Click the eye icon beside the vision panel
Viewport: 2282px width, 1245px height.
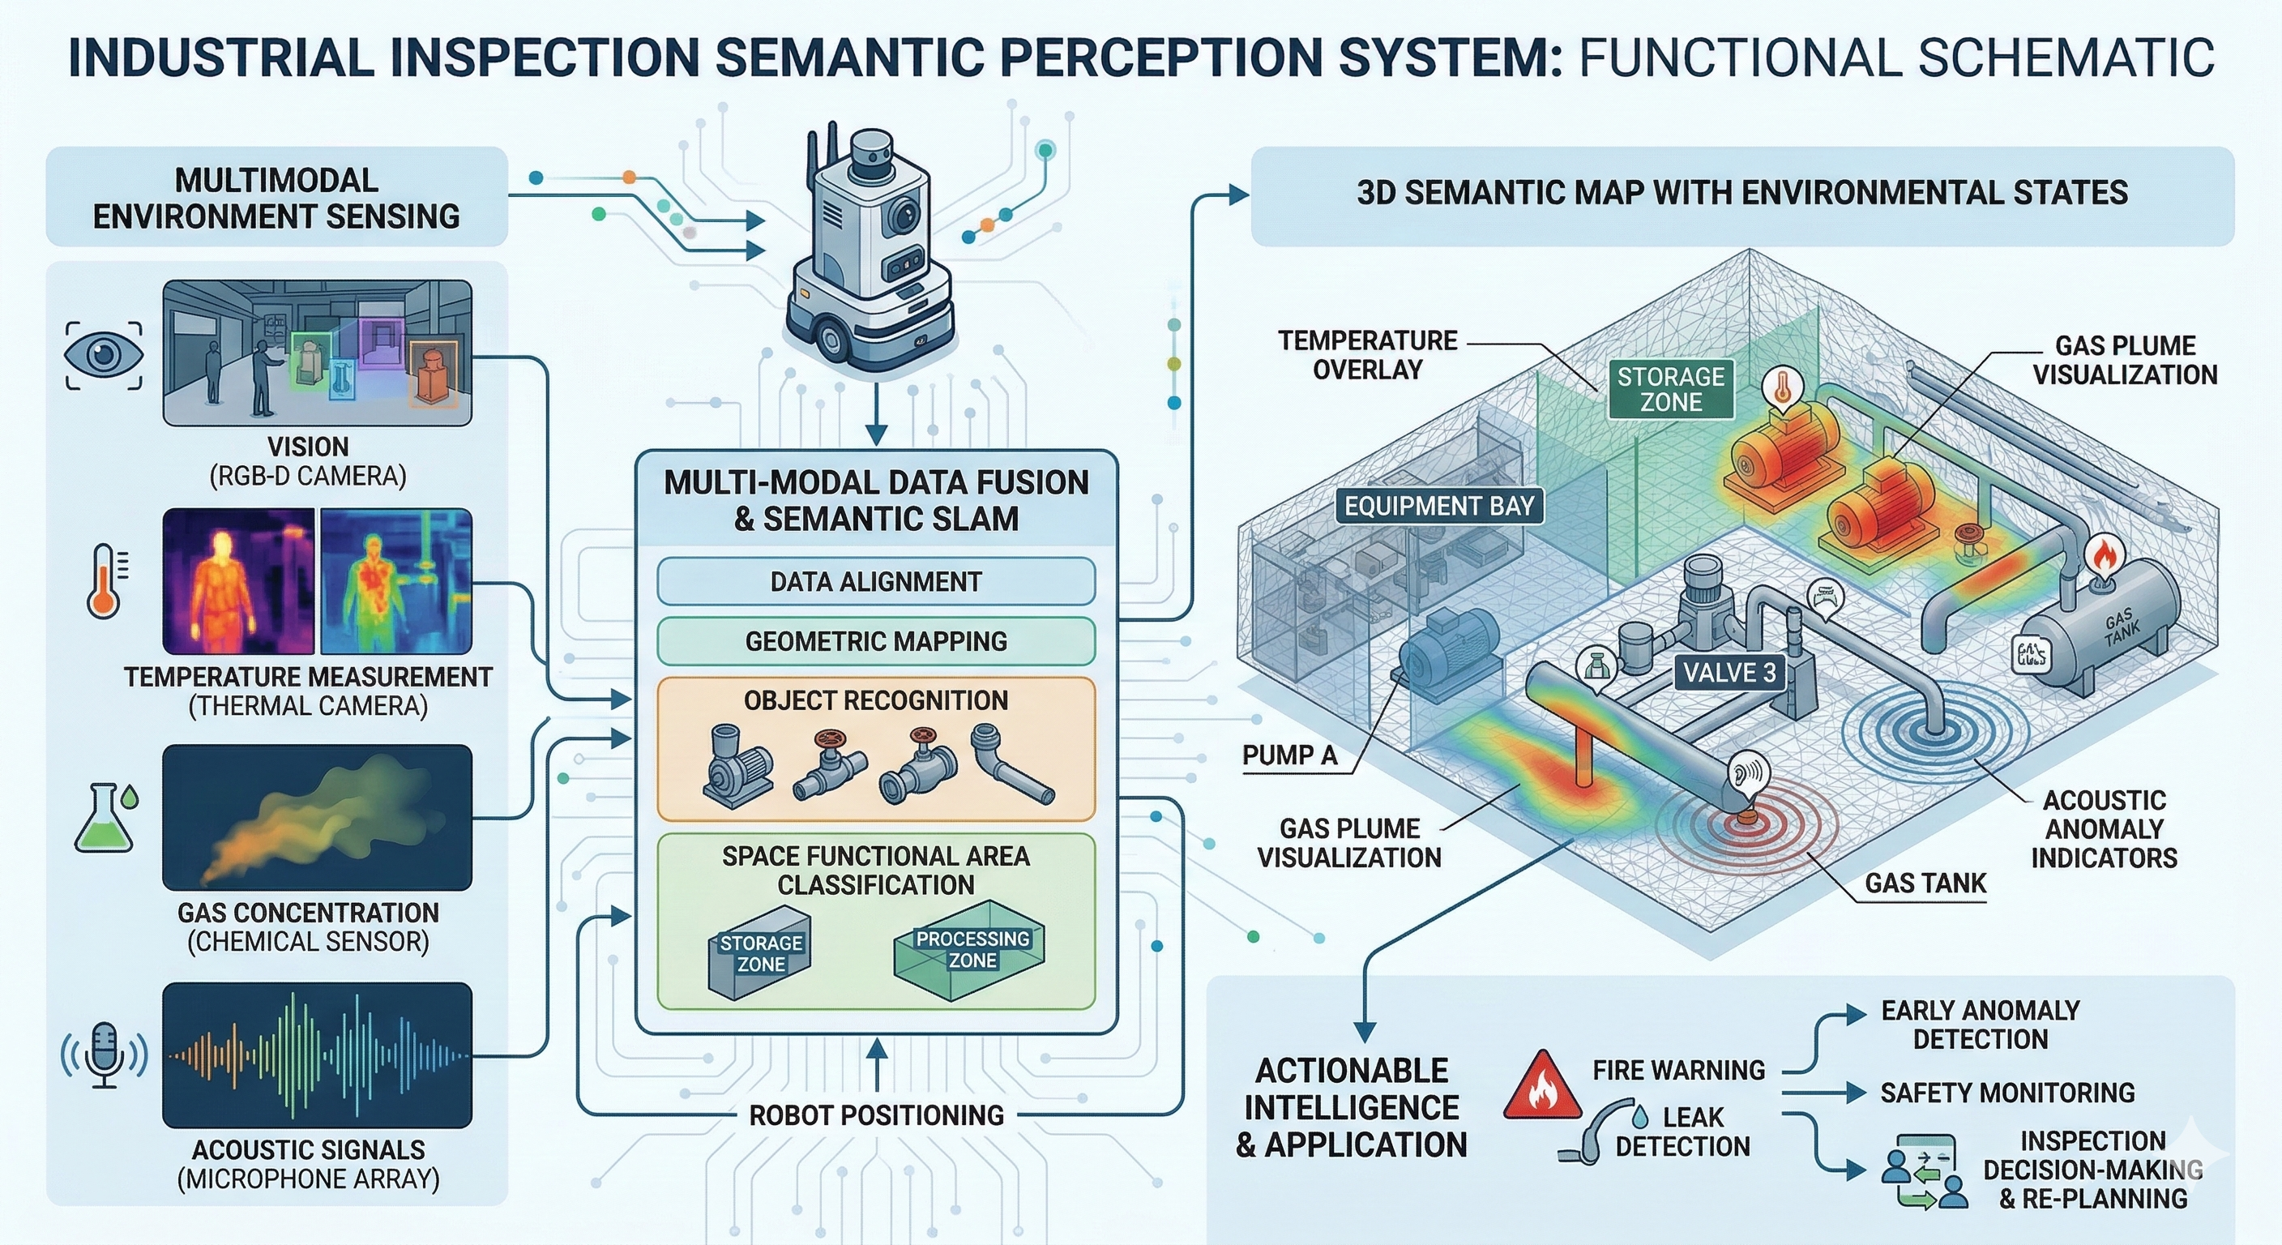(x=104, y=355)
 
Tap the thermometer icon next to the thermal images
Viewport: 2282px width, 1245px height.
(x=104, y=581)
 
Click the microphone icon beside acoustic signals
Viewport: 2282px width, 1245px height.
(x=105, y=1055)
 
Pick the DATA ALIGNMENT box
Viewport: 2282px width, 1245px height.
(x=875, y=581)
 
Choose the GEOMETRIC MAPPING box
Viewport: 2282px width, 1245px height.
(x=875, y=640)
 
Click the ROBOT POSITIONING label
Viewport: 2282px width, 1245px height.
(x=876, y=1115)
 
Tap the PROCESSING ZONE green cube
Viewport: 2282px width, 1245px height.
(x=971, y=952)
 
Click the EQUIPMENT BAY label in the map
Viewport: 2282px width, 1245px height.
(x=1438, y=506)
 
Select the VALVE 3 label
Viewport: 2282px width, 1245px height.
(x=1729, y=673)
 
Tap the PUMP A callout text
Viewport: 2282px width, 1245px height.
(x=1289, y=755)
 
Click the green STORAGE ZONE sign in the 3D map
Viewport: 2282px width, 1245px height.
(x=1671, y=389)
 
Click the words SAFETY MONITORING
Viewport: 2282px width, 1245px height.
(x=2006, y=1093)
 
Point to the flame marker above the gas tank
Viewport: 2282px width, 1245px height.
(x=2104, y=557)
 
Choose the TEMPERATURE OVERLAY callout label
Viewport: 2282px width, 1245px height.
(x=1367, y=354)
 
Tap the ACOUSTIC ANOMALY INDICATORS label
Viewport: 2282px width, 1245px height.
(x=2104, y=828)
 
